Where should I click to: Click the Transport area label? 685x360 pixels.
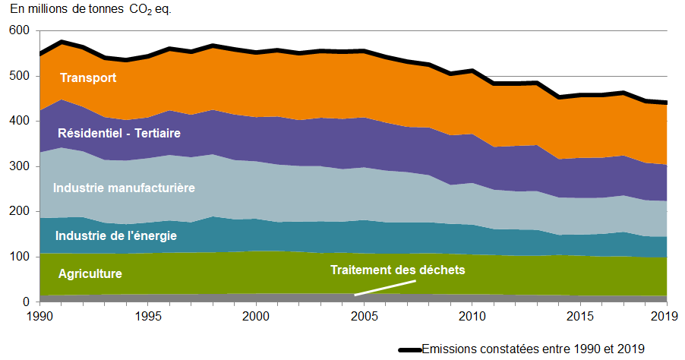pyautogui.click(x=88, y=77)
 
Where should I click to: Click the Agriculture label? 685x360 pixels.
pyautogui.click(x=90, y=273)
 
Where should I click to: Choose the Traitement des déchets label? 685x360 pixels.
pyautogui.click(x=396, y=270)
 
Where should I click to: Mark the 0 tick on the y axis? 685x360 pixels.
pyautogui.click(x=26, y=302)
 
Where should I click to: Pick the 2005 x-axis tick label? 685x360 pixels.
pyautogui.click(x=364, y=314)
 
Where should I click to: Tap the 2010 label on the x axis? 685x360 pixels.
pyautogui.click(x=472, y=314)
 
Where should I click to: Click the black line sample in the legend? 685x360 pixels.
pyautogui.click(x=409, y=349)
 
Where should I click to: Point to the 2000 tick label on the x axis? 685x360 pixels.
pyautogui.click(x=256, y=314)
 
